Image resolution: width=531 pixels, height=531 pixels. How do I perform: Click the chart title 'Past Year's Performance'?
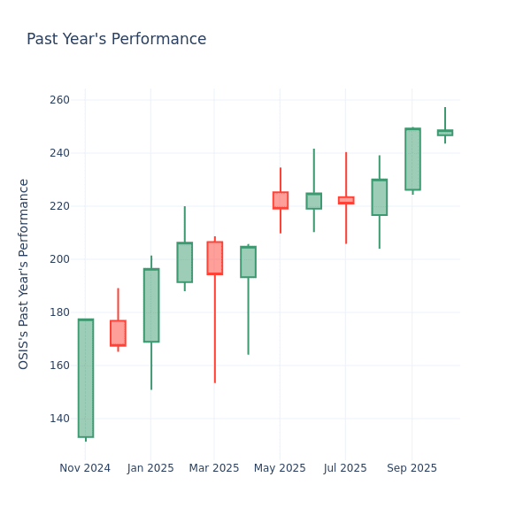coord(116,40)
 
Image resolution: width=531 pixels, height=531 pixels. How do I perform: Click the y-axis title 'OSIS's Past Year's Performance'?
coord(24,273)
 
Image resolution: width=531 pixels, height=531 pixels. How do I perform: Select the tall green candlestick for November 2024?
coord(85,378)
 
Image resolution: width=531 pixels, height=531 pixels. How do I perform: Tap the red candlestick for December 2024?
coord(118,333)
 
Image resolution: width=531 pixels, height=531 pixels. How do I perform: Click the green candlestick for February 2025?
coord(184,263)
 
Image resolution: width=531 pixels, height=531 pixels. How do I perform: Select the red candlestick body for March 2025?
coord(214,258)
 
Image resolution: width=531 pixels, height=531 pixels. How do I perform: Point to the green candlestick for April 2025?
coord(248,262)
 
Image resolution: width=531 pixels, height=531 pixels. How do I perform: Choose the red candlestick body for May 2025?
coord(281,200)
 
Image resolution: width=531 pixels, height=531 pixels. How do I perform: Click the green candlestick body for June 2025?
coord(313,201)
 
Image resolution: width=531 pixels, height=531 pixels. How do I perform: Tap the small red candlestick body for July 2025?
coord(346,200)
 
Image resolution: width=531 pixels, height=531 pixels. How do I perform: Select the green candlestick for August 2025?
coord(379,197)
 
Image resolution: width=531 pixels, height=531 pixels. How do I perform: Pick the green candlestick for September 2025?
coord(412,159)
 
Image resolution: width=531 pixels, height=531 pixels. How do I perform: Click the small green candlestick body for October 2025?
coord(444,133)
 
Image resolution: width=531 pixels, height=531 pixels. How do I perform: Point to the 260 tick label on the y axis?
coord(59,100)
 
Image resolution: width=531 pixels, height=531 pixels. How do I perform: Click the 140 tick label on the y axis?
coord(59,419)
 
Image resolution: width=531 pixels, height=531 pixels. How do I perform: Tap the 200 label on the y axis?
coord(59,259)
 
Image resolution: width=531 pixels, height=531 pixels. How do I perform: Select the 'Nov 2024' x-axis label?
coord(85,468)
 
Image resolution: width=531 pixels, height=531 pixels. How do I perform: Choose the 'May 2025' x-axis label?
coord(281,468)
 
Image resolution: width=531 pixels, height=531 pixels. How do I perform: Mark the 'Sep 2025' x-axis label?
coord(412,468)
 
